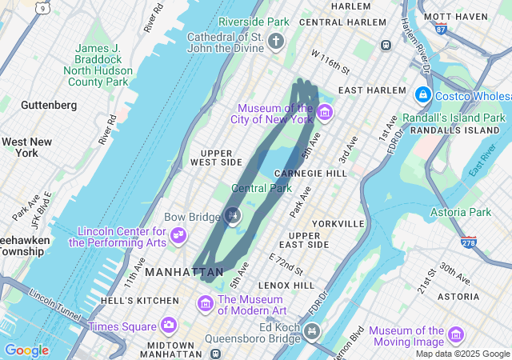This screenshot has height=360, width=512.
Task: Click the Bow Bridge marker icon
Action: tap(233, 214)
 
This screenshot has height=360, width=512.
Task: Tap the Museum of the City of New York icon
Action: tap(324, 111)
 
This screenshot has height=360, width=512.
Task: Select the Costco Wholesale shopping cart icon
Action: tap(422, 96)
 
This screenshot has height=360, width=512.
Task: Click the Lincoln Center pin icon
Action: tap(179, 235)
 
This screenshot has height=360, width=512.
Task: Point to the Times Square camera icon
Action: tap(168, 325)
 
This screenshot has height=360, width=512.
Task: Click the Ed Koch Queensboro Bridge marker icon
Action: tap(311, 330)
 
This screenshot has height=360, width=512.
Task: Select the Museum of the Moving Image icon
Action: tap(456, 334)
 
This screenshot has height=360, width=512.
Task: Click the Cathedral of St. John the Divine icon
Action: tap(277, 40)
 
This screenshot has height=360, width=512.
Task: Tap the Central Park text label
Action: tap(262, 188)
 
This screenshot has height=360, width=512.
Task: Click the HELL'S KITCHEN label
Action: tap(140, 301)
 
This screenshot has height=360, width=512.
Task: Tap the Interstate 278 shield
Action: tap(469, 242)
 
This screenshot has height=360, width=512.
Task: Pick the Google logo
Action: tap(26, 350)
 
